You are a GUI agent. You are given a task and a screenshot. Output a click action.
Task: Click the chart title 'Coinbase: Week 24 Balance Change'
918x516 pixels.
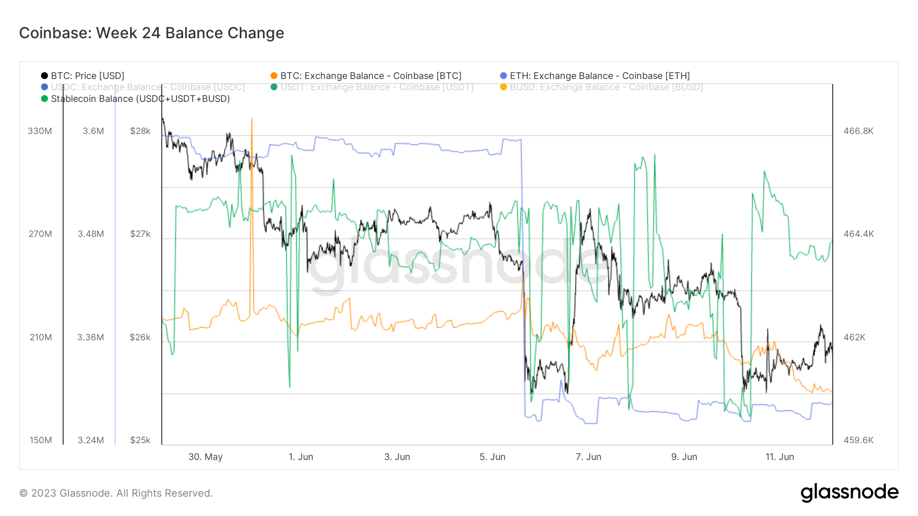coord(151,33)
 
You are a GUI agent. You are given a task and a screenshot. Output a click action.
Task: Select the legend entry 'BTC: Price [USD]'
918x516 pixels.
coord(87,76)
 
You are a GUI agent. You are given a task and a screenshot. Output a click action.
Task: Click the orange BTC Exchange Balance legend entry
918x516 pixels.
coord(370,76)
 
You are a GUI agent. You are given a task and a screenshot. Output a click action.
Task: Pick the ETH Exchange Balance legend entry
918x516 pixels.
coord(599,76)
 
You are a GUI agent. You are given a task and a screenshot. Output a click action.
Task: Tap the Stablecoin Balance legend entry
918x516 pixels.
coord(140,99)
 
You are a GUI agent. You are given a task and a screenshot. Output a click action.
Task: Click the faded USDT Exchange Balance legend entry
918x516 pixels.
coord(376,87)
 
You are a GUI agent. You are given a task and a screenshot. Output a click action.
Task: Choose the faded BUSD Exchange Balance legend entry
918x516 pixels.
coord(606,87)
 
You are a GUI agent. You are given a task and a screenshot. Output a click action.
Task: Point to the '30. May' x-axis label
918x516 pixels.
coord(206,457)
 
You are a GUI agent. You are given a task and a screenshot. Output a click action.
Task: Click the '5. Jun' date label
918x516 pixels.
coord(492,457)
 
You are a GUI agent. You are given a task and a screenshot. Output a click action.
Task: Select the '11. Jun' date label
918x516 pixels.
coord(779,457)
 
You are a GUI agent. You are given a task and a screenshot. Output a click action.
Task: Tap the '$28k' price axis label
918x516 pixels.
coord(140,131)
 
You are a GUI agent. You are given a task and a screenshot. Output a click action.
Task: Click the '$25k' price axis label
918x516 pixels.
coord(140,440)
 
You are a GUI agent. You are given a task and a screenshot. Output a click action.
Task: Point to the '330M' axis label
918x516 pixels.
coord(40,131)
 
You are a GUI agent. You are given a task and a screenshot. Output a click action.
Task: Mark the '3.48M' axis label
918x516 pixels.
coord(91,234)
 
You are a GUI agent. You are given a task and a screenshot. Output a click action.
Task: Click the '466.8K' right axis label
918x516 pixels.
coord(858,131)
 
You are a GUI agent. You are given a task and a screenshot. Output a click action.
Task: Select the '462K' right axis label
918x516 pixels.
coord(854,337)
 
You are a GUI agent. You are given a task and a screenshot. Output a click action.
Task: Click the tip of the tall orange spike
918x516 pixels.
coord(251,119)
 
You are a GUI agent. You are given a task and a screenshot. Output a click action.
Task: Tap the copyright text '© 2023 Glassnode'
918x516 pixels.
coord(116,493)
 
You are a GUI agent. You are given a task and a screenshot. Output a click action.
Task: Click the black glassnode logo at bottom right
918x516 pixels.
coord(849,493)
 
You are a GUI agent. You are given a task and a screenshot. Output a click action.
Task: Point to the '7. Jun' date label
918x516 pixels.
coord(589,457)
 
